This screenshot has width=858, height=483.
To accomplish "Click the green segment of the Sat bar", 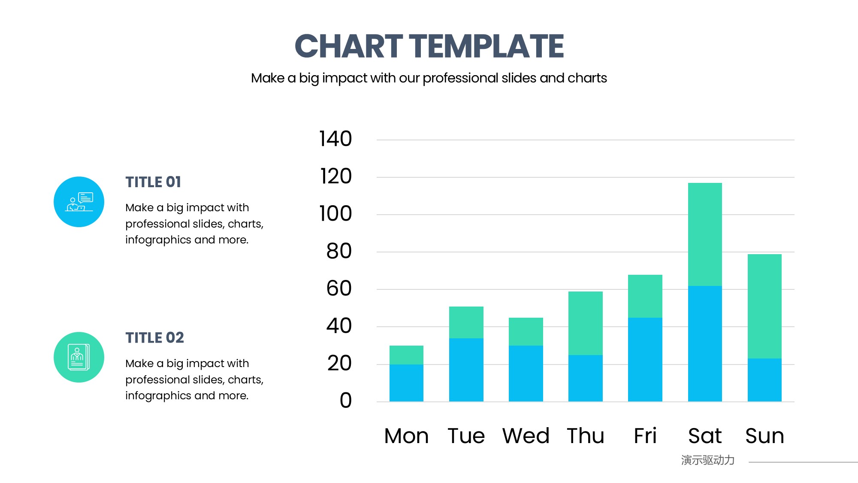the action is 705,234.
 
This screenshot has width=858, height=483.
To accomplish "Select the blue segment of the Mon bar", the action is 406,383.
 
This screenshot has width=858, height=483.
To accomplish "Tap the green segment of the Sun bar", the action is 764,306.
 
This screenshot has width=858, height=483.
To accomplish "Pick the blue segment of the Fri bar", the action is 645,360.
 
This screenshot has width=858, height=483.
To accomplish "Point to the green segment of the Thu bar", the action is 586,323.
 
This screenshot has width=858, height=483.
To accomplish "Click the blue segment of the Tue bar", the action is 466,370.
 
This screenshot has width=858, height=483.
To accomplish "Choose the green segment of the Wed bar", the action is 526,331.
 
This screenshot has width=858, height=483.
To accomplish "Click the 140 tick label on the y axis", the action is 335,139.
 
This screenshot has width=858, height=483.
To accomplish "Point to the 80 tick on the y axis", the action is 339,251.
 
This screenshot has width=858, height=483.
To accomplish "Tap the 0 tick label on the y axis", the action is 346,401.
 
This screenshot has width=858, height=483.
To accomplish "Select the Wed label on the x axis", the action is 526,436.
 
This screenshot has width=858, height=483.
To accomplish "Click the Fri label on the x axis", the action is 645,436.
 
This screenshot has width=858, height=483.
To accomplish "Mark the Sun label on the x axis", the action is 764,436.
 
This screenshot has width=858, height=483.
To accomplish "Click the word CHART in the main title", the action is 349,46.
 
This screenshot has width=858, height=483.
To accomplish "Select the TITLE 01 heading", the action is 153,182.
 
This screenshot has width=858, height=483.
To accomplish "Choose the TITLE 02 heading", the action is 154,338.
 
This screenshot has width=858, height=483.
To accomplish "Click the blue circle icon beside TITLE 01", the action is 79,202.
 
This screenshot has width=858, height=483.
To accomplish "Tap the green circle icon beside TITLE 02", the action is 79,357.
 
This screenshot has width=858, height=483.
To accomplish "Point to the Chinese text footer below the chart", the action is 708,460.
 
